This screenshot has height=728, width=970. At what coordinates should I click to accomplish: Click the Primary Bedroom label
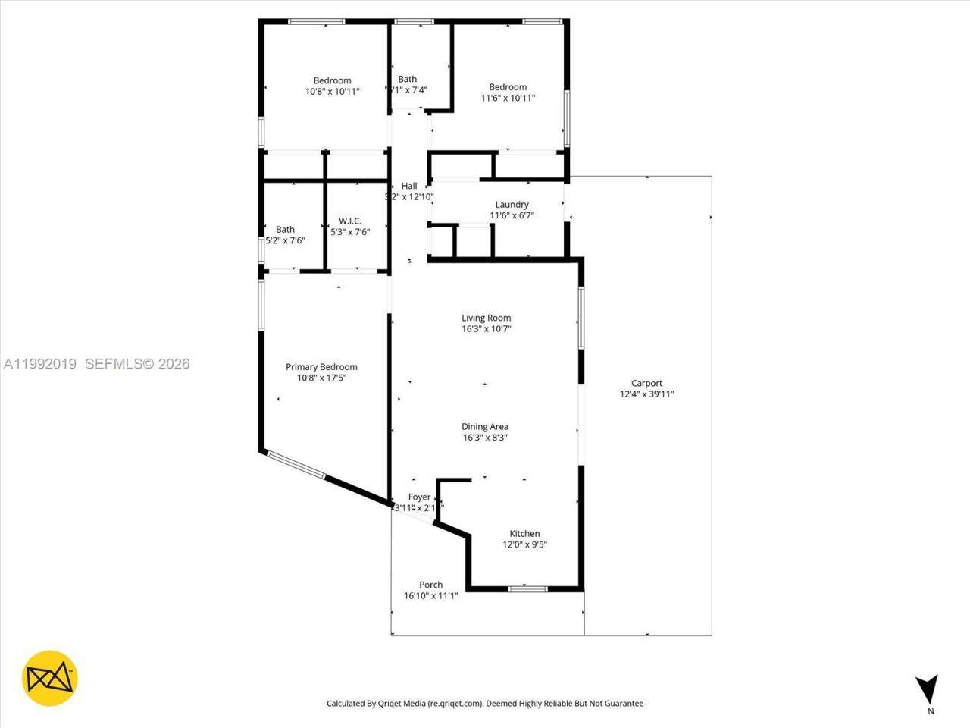321,367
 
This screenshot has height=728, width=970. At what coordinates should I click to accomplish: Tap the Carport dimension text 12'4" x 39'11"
646,394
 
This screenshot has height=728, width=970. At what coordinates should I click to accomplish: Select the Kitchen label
524,534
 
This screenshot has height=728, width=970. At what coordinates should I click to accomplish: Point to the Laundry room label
512,205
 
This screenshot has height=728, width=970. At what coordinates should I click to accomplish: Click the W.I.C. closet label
350,221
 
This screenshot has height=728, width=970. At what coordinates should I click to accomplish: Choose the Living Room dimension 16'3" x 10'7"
487,329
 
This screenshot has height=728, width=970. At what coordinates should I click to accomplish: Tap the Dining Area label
485,427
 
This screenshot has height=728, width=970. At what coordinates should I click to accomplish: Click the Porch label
430,585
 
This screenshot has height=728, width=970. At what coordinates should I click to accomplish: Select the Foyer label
419,497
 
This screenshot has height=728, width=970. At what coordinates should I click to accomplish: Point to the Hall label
409,186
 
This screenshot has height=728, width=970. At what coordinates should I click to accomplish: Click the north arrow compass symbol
926,689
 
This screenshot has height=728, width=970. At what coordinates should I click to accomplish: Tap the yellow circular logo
49,677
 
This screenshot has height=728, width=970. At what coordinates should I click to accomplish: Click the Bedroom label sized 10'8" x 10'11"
332,81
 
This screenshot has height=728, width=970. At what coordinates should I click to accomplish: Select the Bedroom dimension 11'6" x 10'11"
508,98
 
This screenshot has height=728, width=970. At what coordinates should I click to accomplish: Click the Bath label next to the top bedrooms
408,79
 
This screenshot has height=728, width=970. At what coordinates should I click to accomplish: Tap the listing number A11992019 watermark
39,364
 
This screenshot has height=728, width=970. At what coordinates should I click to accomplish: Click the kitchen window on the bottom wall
527,588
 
